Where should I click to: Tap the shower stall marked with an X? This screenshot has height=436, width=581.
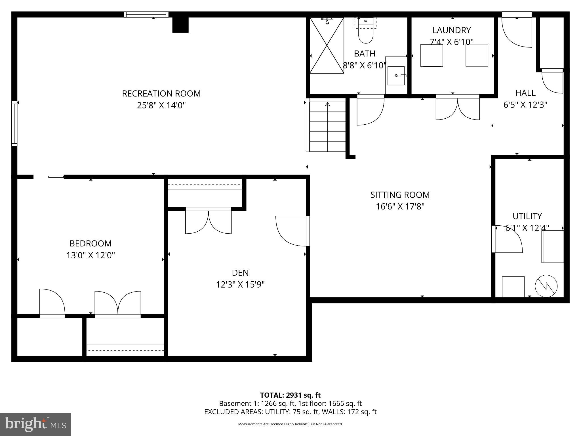coord(327,45)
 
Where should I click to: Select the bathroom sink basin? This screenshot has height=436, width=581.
coord(396,76)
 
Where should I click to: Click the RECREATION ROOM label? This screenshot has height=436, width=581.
coord(161,93)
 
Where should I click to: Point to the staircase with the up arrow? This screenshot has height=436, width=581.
coord(327,126)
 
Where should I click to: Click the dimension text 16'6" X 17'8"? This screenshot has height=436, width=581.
coord(400,206)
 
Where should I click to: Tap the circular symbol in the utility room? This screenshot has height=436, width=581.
coord(546,286)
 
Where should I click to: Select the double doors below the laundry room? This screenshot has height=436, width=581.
coord(458,108)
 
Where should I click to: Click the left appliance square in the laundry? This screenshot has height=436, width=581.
coord(431,56)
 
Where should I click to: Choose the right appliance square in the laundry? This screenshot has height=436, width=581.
coord(477,55)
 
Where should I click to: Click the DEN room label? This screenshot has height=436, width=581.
coord(240,272)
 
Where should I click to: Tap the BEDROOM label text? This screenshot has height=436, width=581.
coord(90,243)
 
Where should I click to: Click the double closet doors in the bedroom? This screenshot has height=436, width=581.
coord(118,303)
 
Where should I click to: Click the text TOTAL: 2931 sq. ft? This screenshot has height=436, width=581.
coord(290,395)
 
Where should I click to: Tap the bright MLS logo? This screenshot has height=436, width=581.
coord(35,424)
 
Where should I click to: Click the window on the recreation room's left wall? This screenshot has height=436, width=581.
coord(14,124)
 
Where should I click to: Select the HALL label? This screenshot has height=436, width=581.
coord(525,93)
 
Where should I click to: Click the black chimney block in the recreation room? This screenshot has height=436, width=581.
coord(180,25)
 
